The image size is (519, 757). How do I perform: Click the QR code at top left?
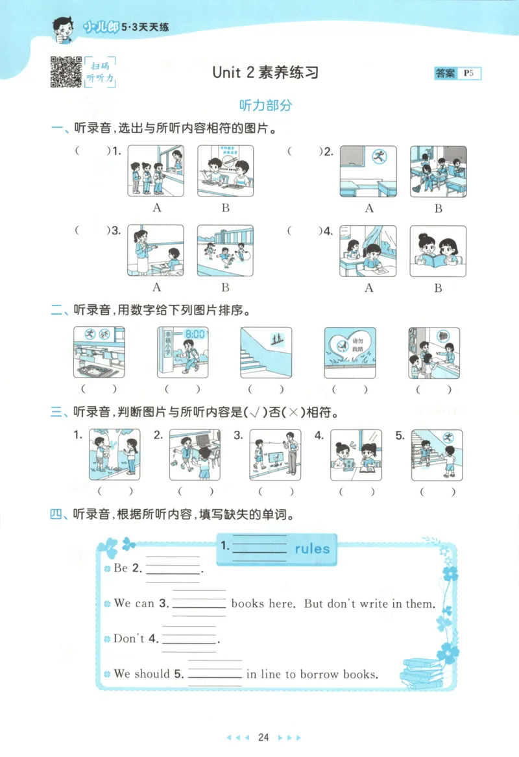coord(66,71)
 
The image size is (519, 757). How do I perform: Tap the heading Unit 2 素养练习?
coord(265,72)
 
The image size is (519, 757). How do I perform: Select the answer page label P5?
coord(469,73)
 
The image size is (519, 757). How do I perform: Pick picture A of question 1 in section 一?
coord(156,171)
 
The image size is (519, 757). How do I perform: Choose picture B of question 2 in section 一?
coord(438,171)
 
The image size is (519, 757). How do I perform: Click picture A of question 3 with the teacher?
coord(156,250)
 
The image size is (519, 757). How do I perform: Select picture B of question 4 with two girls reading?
coord(438,250)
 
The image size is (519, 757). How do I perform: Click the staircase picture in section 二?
coord(265,352)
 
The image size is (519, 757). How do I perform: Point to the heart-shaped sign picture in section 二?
coord(350,352)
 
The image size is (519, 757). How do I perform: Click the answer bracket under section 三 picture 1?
coord(115,491)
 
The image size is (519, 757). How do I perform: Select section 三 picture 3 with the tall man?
coord(276,455)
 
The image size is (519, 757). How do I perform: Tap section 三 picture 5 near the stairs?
coord(437,455)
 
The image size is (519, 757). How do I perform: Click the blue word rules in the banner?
coord(312,549)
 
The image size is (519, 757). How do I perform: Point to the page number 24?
coord(263,737)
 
